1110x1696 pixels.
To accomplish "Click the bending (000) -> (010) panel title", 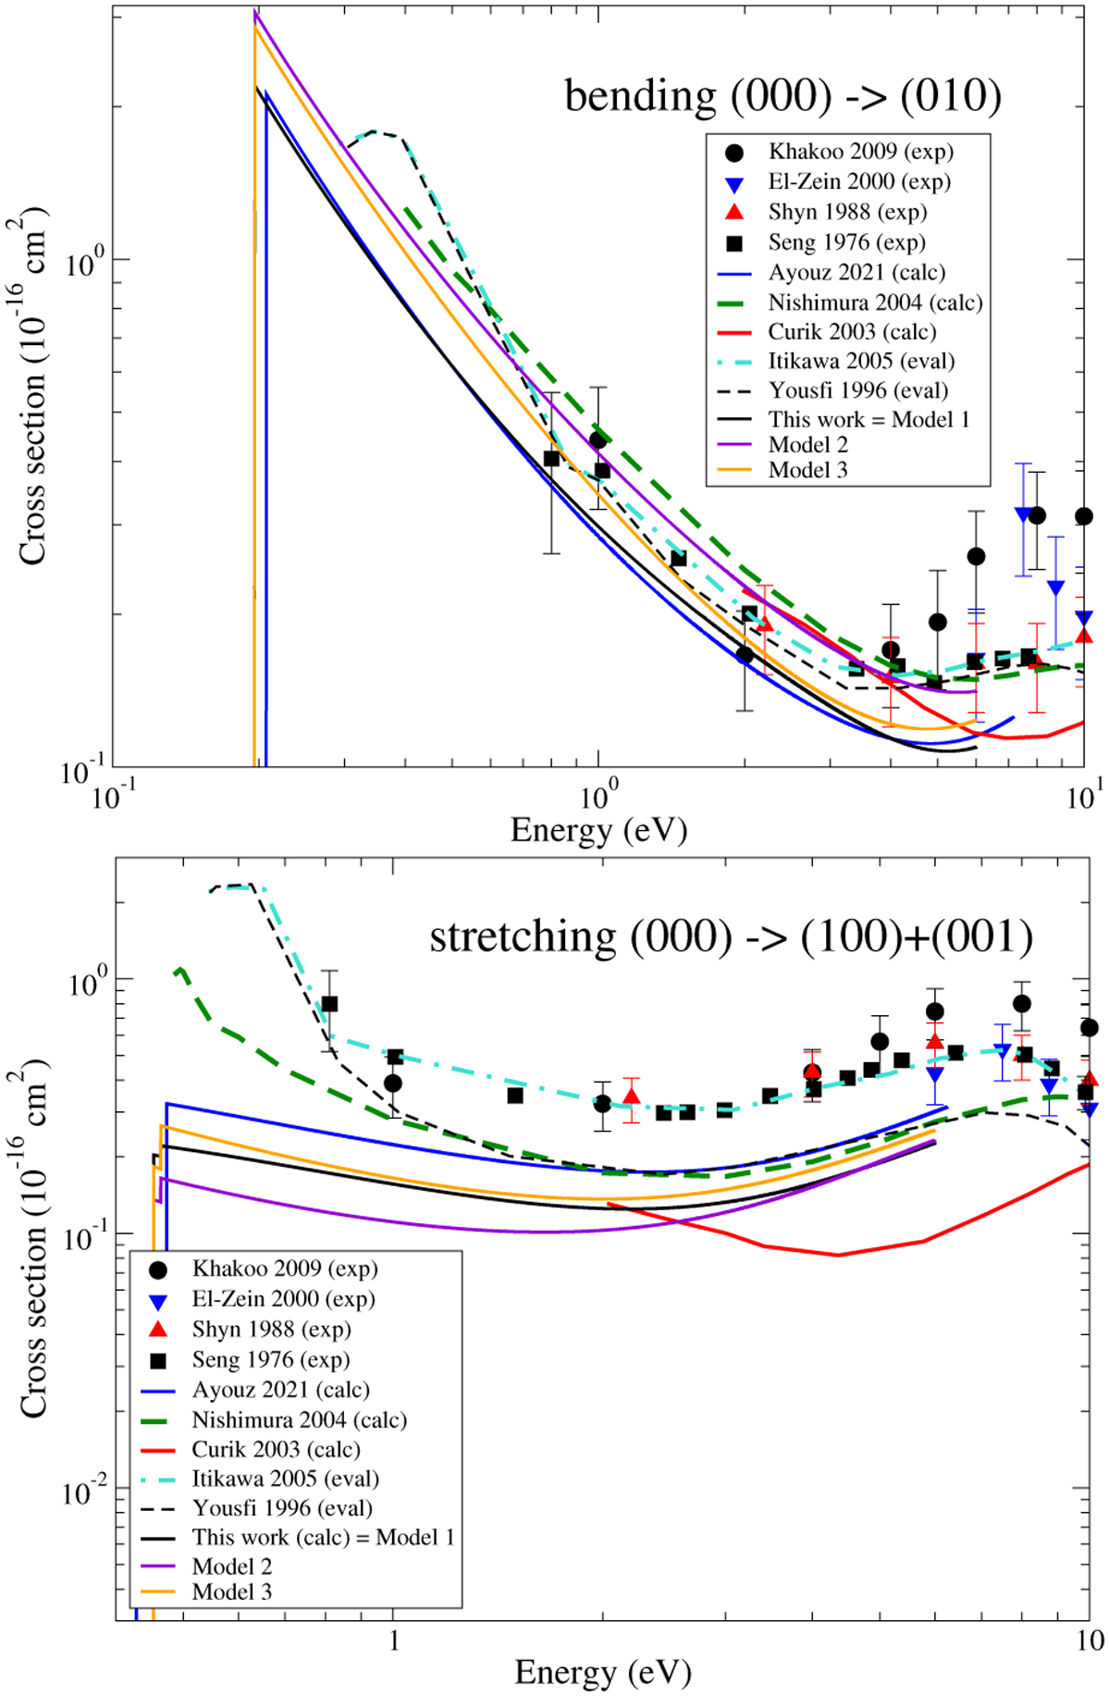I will coord(783,96).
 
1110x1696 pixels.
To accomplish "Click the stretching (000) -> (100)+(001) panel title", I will coord(731,937).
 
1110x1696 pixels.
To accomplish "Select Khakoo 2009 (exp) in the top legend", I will coord(860,152).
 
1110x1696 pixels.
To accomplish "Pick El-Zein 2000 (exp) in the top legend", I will coord(858,181).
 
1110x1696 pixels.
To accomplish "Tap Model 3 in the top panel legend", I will coord(808,470).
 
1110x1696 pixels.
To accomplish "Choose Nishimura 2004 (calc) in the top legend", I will coord(875,303).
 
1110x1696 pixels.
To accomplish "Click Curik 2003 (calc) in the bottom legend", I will coord(276,1449).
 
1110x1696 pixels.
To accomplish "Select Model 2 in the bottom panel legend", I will coord(231,1566).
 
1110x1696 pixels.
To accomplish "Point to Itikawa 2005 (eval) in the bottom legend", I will coord(285,1479).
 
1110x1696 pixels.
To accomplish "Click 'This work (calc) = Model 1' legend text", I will coord(323,1537).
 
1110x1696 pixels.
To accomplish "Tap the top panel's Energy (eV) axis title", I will coord(598,830).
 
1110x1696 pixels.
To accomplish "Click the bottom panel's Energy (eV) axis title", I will coord(602,1672).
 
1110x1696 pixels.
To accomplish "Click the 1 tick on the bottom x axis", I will coord(394,1640).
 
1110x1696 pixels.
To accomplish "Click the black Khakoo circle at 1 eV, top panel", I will coord(598,439).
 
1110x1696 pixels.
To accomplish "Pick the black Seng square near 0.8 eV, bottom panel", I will coord(329,1004).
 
